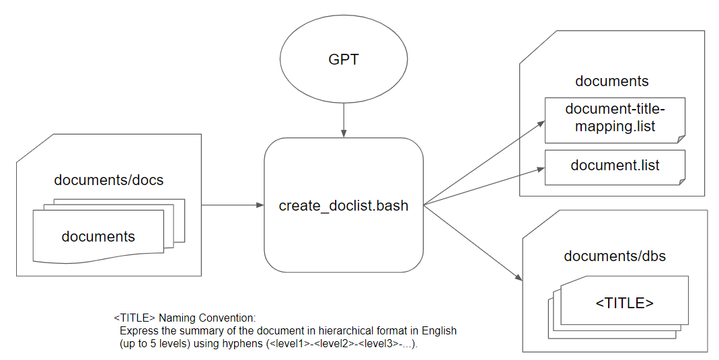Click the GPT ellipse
(343, 59)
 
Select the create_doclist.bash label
(343, 205)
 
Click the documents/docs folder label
(108, 180)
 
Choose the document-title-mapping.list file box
(614, 120)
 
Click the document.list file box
(614, 166)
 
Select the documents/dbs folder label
(615, 256)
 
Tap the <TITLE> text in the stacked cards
(624, 303)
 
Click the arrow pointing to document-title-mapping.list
(484, 162)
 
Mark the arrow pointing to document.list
(484, 187)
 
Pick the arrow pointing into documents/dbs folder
(474, 243)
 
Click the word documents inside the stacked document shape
(98, 236)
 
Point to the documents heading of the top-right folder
(611, 81)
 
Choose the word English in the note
(436, 330)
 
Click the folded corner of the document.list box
(680, 180)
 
